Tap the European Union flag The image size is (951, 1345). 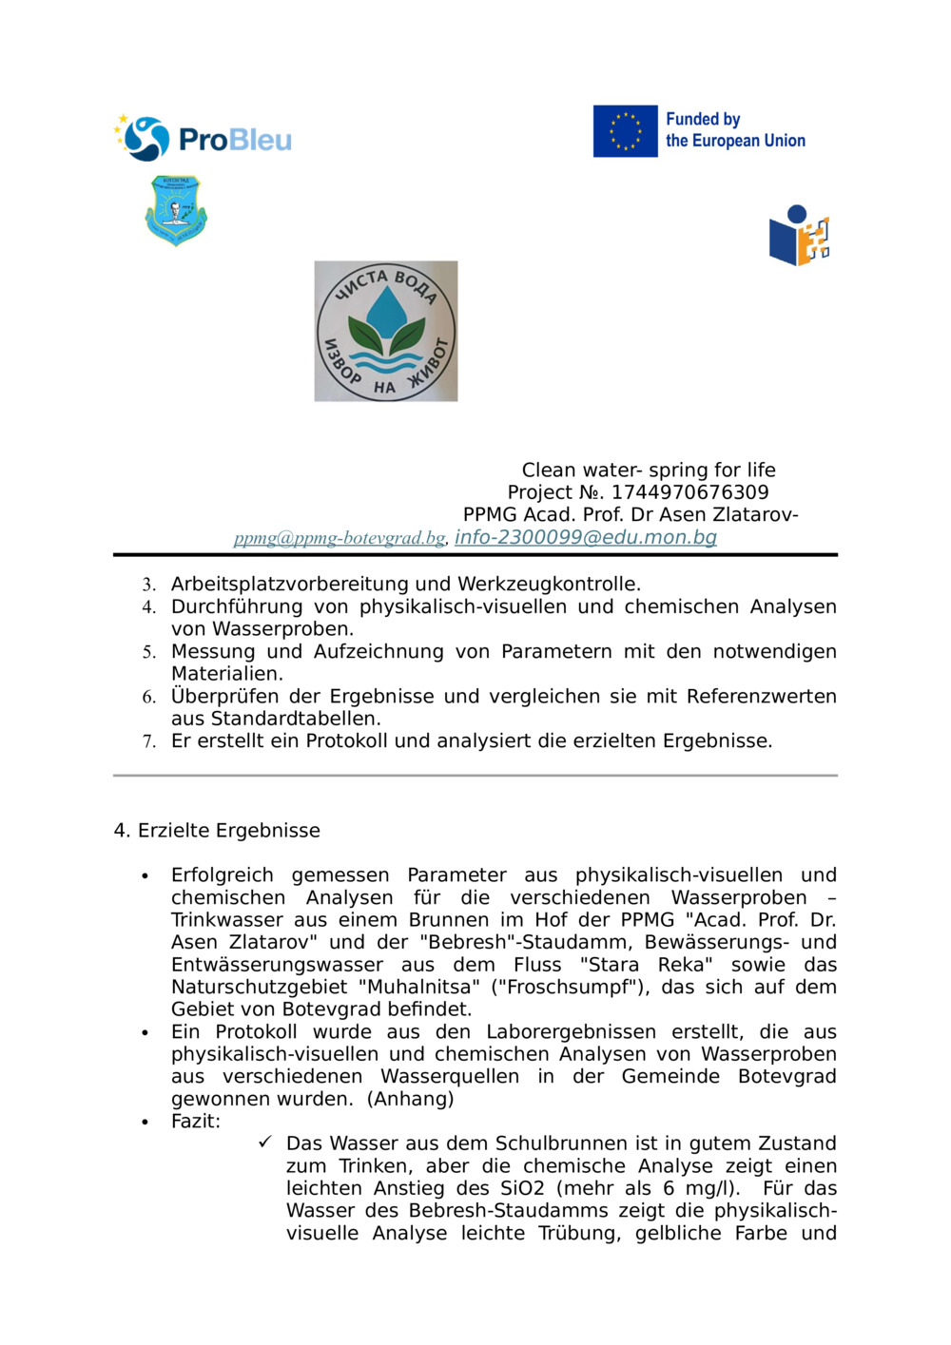[x=625, y=131]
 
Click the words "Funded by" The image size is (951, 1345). [x=702, y=119]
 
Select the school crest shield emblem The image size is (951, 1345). [x=176, y=210]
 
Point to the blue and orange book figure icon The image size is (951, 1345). [x=799, y=236]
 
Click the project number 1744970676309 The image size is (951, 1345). [x=689, y=492]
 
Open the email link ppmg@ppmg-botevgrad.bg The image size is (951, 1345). [x=340, y=538]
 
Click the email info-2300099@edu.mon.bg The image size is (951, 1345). [x=585, y=537]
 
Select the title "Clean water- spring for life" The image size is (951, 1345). [x=648, y=470]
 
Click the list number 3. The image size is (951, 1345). [x=148, y=585]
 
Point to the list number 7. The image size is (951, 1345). [x=148, y=741]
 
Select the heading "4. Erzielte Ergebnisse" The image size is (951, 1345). [x=217, y=830]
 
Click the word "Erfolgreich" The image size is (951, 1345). [x=222, y=874]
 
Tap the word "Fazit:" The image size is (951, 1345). [x=195, y=1121]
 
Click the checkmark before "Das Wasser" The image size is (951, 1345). [x=265, y=1142]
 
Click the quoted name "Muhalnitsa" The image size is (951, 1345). [x=423, y=987]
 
